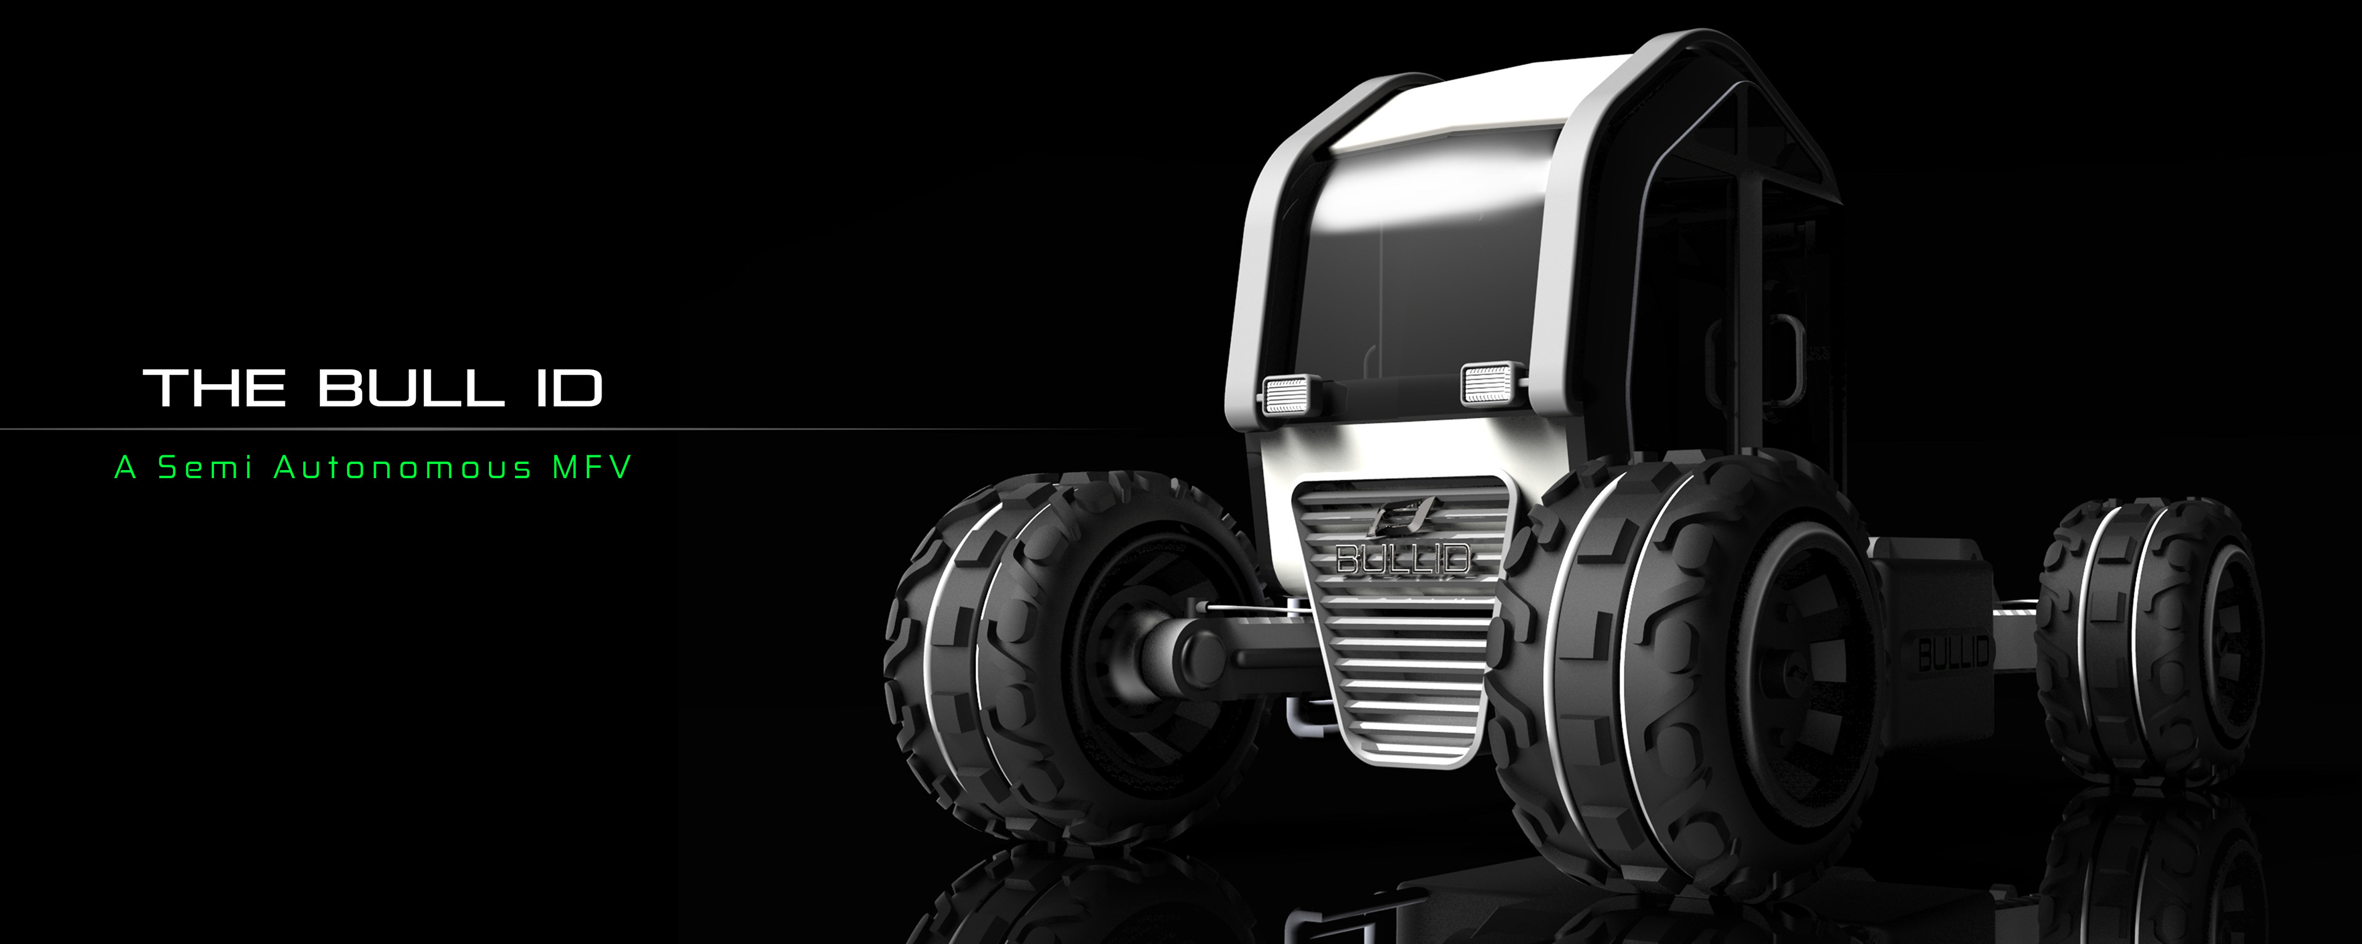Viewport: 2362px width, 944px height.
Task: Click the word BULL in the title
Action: pos(412,388)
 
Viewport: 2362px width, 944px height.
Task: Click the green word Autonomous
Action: pos(404,468)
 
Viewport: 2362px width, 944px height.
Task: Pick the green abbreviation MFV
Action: pos(591,468)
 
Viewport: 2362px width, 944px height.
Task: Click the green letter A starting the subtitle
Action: pos(125,468)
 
